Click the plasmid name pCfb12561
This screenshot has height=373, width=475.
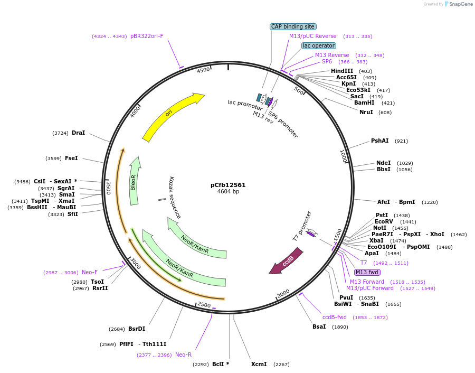228,185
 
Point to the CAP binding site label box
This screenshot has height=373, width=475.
293,26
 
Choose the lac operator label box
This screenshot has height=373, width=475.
319,45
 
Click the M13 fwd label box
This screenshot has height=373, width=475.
367,272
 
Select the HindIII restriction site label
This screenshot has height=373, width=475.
343,71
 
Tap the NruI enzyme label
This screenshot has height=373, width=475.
366,112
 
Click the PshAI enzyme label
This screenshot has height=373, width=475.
379,141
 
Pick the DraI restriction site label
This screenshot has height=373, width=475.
78,133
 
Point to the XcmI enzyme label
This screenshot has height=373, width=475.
259,364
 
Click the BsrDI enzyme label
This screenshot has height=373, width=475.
137,329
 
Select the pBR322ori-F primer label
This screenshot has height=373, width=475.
147,36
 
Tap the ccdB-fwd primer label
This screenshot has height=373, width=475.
335,317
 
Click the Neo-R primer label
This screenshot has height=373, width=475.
183,355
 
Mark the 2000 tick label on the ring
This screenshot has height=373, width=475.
283,293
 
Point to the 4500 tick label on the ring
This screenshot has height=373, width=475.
203,71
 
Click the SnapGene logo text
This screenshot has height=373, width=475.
460,4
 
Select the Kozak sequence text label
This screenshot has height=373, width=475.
175,198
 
